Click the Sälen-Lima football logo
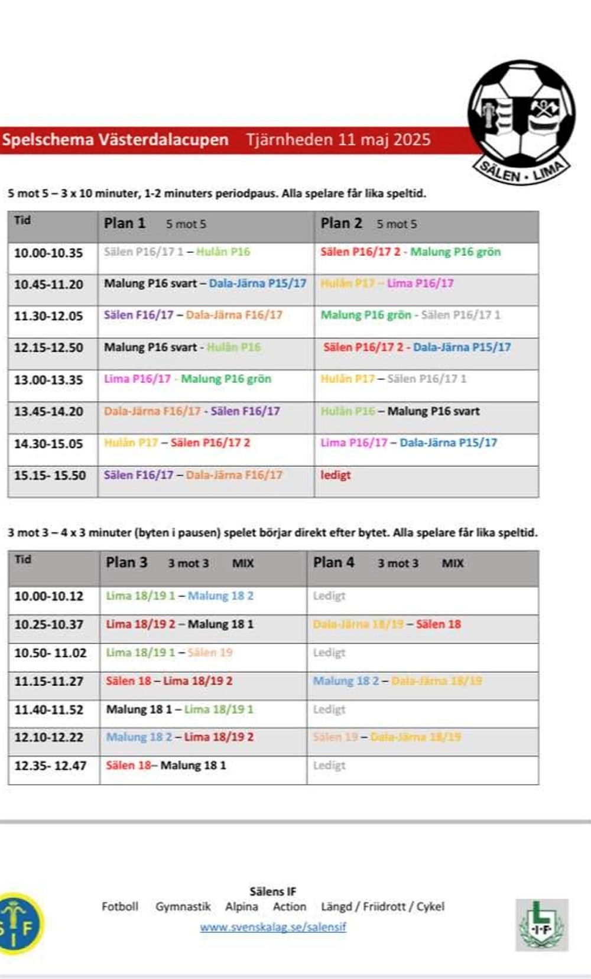click(521, 121)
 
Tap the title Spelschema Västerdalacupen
click(115, 140)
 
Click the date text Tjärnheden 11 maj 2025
click(338, 140)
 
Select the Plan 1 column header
click(125, 223)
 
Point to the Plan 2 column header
click(341, 223)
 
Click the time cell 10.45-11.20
click(48, 284)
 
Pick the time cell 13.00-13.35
click(48, 380)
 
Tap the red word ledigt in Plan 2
click(335, 475)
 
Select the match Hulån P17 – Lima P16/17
click(387, 284)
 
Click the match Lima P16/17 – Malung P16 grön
click(187, 379)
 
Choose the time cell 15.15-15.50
click(50, 475)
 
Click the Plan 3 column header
click(126, 562)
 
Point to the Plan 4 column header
click(334, 562)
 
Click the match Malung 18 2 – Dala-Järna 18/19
click(397, 681)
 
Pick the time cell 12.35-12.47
click(50, 766)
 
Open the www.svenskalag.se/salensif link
click(273, 927)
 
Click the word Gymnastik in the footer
click(183, 906)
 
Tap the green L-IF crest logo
click(541, 925)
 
